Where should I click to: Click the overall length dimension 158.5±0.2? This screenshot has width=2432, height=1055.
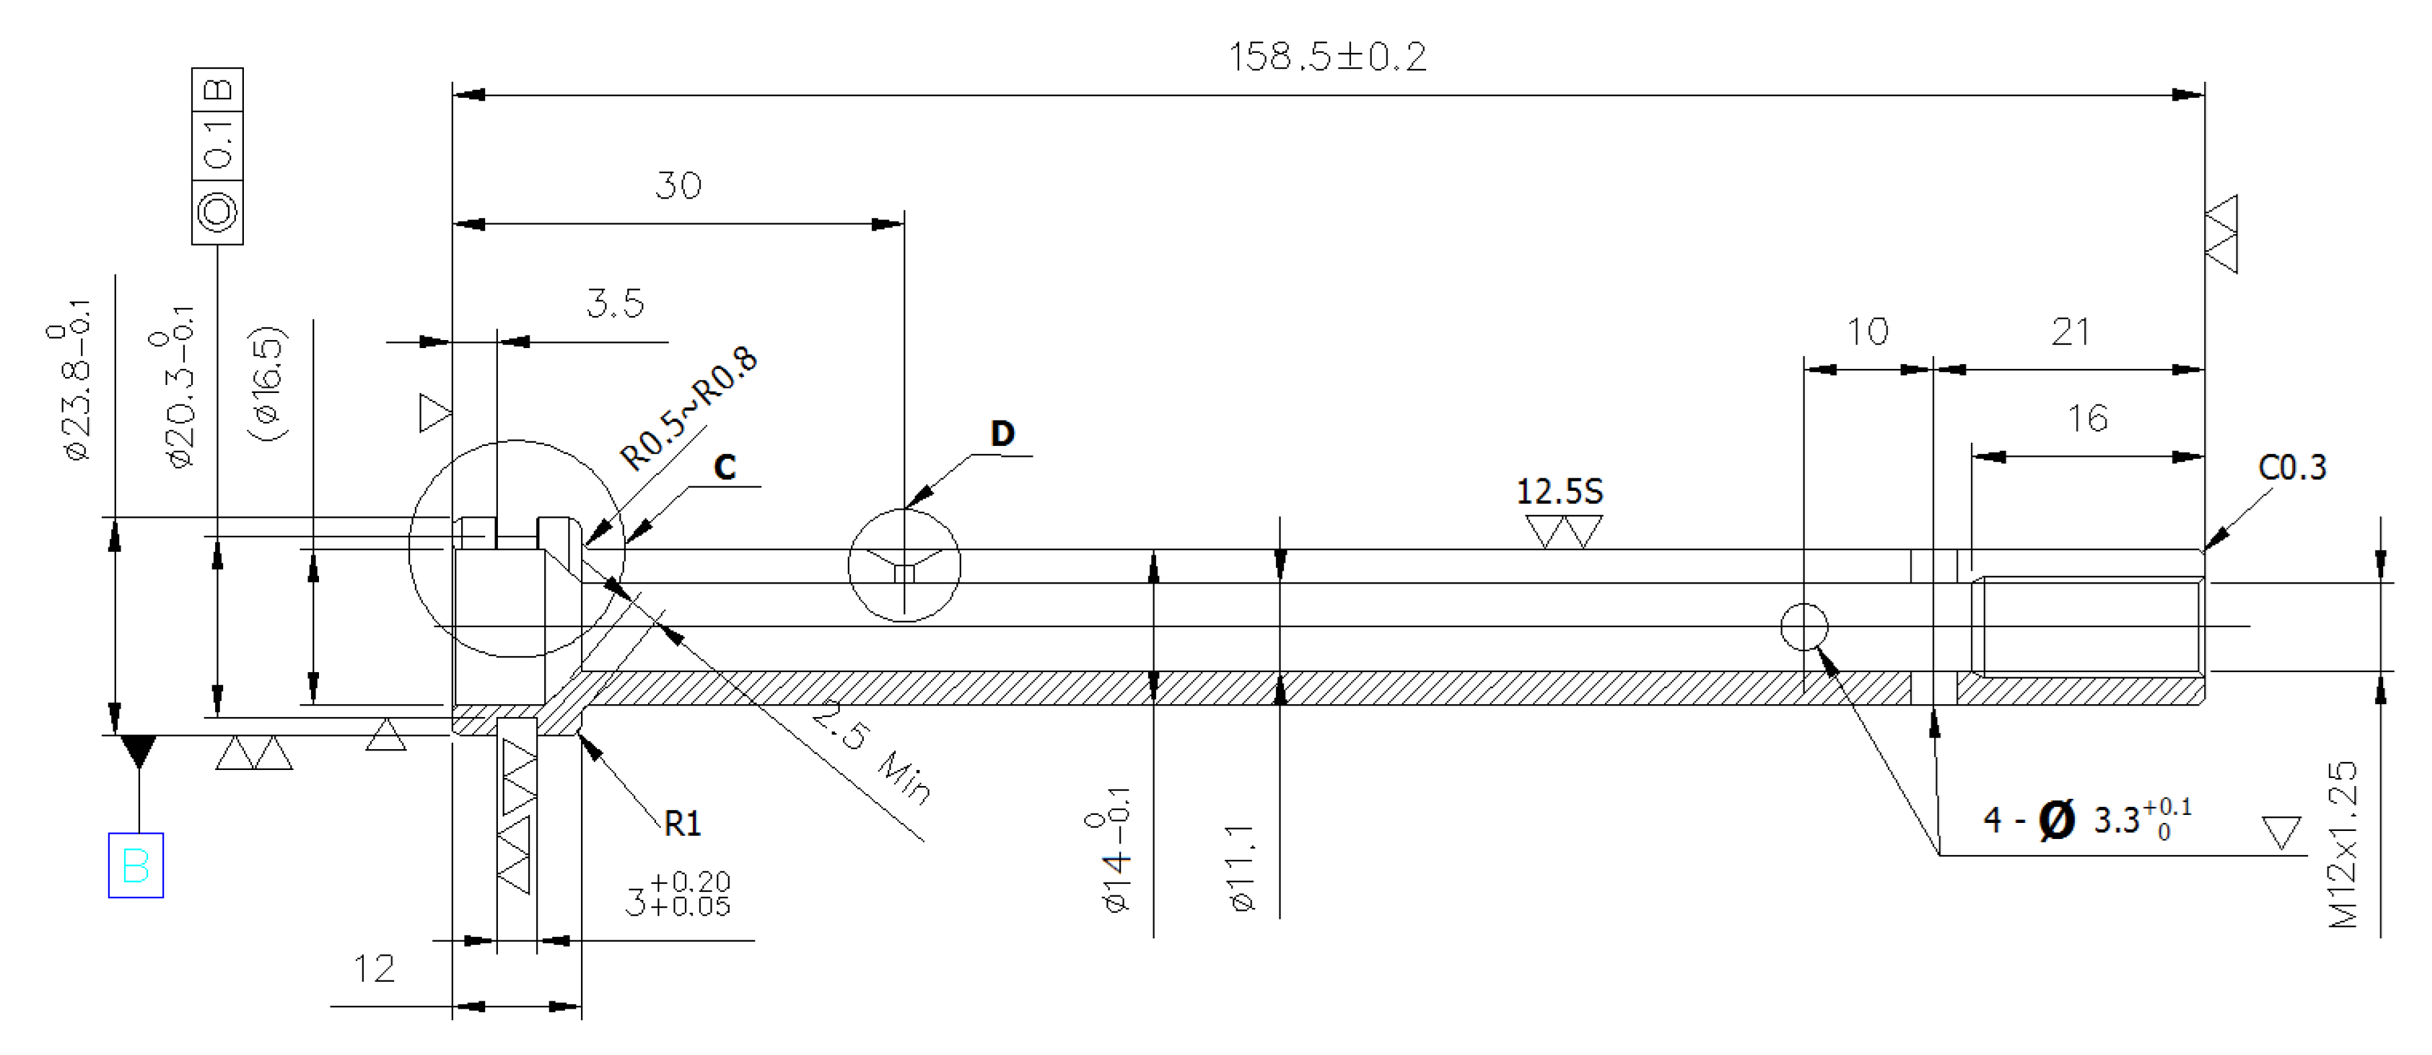(1328, 56)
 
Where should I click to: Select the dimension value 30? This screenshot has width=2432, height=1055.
(678, 185)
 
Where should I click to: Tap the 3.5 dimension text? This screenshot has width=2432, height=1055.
(615, 304)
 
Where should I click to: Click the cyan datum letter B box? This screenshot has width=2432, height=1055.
(136, 865)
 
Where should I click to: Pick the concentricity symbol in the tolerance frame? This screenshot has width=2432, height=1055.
(217, 211)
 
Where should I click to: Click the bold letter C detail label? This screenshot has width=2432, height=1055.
(724, 467)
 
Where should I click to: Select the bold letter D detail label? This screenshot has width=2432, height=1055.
(1002, 433)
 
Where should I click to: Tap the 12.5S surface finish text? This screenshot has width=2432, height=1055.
(1559, 491)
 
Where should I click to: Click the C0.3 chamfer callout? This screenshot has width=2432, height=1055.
(2291, 467)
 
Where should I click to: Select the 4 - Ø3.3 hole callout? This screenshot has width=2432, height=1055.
(2086, 819)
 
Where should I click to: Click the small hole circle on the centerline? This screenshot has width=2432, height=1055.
(1804, 627)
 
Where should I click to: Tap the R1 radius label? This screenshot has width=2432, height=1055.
(683, 824)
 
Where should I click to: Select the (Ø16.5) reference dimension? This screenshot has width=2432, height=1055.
(267, 384)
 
